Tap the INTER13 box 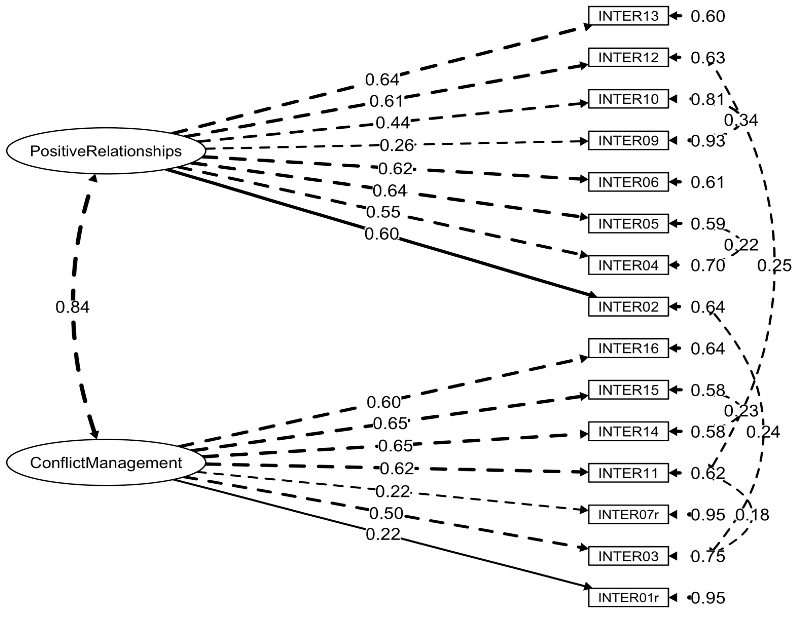628,16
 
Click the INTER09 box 628,141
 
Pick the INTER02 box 628,307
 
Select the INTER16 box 628,348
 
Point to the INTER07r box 628,514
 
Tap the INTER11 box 628,473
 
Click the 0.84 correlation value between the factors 72,307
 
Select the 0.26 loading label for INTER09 397,146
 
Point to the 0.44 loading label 393,123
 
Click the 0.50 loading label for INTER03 386,513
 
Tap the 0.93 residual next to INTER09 708,141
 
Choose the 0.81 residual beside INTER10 708,100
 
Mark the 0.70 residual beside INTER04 708,266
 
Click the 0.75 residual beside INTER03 708,556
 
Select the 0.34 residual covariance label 741,120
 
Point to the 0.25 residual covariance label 774,266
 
